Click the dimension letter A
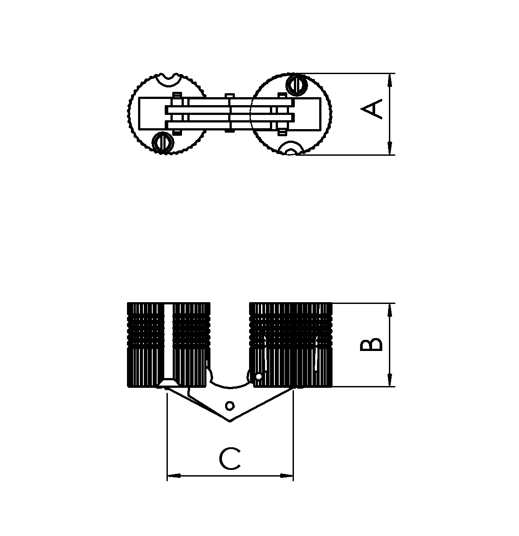pos(371,109)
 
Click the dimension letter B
pos(371,345)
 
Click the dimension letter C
pos(230,459)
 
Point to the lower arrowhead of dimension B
pos(390,380)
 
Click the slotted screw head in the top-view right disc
pos(297,85)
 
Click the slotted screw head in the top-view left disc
pos(163,142)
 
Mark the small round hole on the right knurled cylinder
pos(258,376)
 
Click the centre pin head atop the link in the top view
pos(230,95)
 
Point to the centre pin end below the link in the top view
pos(230,131)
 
